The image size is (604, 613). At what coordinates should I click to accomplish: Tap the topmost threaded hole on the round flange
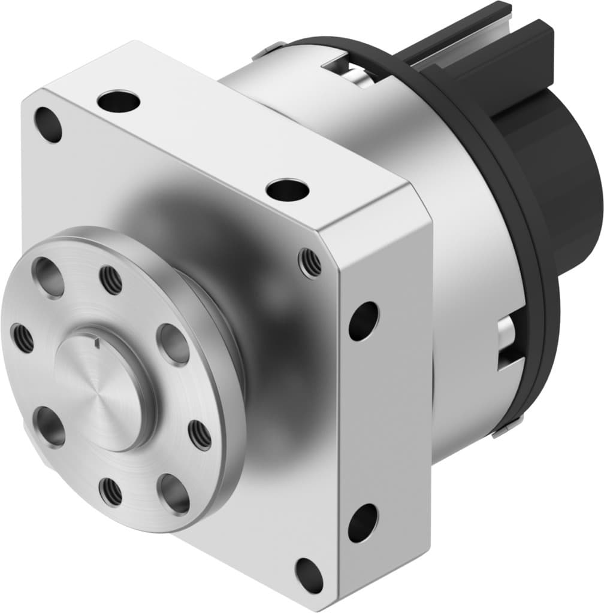pyautogui.click(x=111, y=280)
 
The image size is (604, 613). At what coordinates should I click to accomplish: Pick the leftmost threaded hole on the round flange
pyautogui.click(x=23, y=339)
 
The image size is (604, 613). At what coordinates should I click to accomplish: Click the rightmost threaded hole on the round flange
pyautogui.click(x=200, y=435)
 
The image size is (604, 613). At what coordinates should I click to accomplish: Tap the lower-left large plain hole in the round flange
pyautogui.click(x=49, y=426)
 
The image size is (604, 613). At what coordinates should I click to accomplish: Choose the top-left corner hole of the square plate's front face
pyautogui.click(x=48, y=125)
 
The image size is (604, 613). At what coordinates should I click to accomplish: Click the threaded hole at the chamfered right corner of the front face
pyautogui.click(x=310, y=263)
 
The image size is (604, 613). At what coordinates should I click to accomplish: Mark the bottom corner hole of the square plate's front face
pyautogui.click(x=309, y=575)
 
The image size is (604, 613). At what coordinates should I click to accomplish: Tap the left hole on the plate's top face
pyautogui.click(x=119, y=101)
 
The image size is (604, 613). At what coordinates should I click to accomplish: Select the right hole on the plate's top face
pyautogui.click(x=288, y=190)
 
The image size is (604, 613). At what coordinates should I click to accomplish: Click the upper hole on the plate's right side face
pyautogui.click(x=364, y=321)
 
